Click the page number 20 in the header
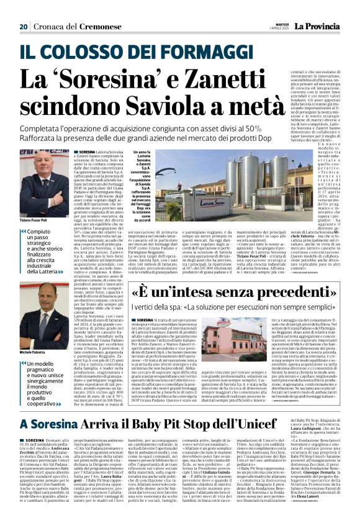[24, 9]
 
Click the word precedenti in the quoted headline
[268, 293]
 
